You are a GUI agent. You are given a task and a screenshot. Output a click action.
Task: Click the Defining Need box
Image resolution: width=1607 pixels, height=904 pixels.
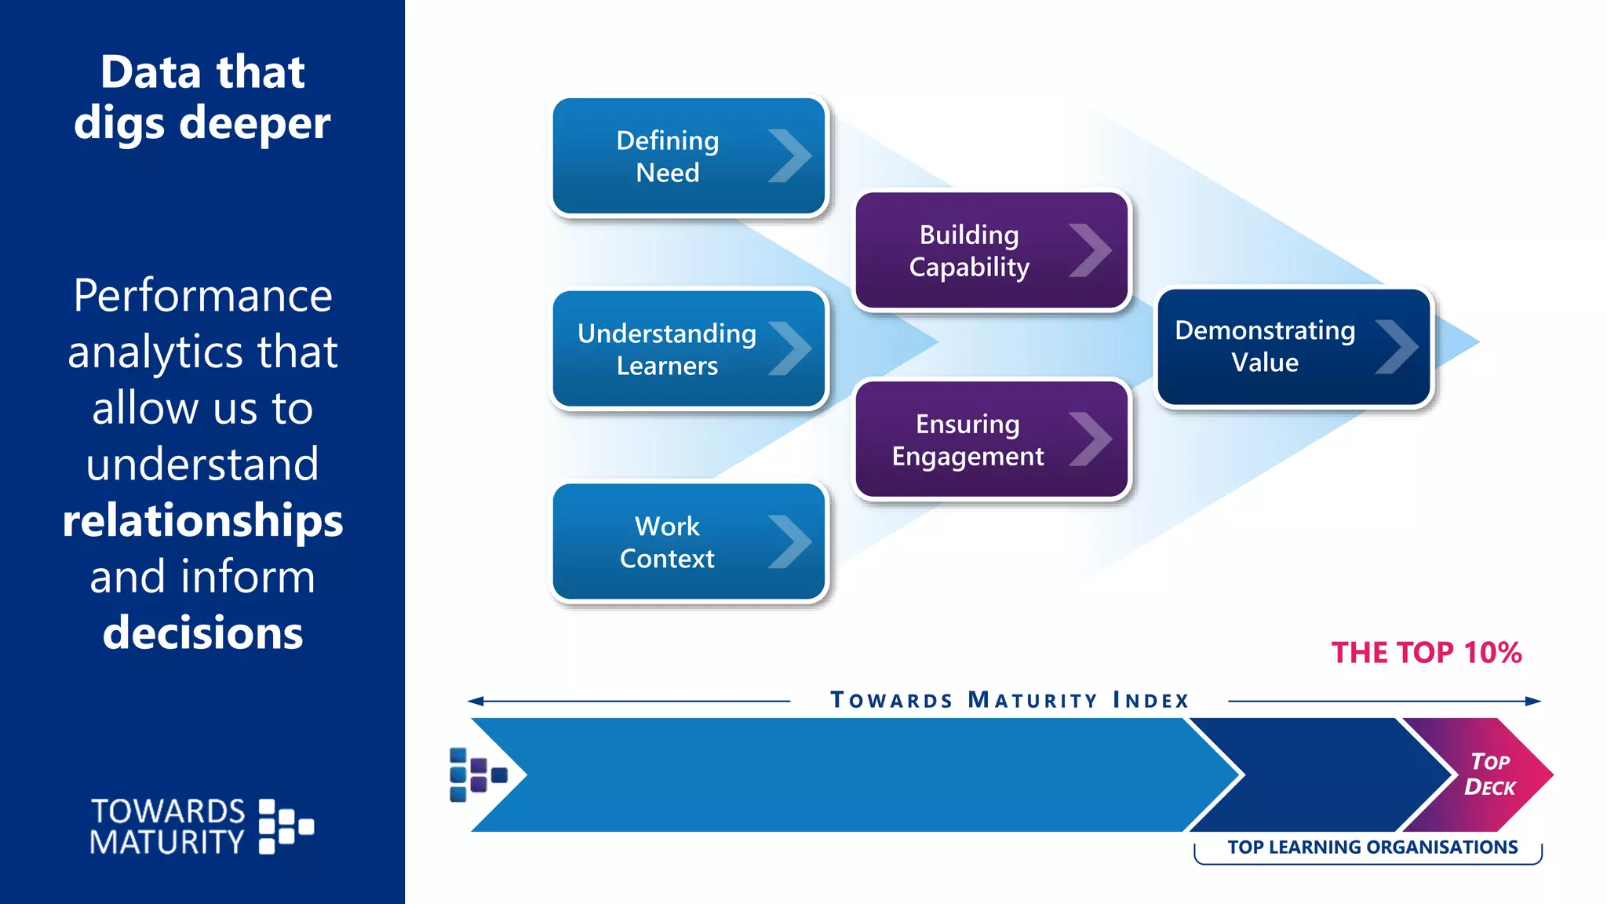pyautogui.click(x=689, y=156)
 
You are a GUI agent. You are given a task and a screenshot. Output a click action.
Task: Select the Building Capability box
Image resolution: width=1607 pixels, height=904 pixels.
pyautogui.click(x=992, y=250)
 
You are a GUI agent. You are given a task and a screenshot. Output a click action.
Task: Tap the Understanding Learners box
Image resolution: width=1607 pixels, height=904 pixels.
pyautogui.click(x=689, y=349)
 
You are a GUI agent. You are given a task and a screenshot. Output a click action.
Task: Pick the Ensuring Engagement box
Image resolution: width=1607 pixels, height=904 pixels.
pyautogui.click(x=992, y=439)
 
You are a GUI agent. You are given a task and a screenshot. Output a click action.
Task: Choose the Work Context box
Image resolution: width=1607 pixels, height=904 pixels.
pyautogui.click(x=689, y=541)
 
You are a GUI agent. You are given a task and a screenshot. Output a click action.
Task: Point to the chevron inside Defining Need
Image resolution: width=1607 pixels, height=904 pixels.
pyautogui.click(x=789, y=156)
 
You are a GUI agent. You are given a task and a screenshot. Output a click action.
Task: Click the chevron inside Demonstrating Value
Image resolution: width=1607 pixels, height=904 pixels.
pyautogui.click(x=1397, y=347)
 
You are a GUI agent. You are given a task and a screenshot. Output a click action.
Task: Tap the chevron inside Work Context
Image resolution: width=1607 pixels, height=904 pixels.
pyautogui.click(x=789, y=541)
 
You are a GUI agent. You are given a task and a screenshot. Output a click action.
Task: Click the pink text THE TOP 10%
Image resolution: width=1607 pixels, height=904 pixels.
pyautogui.click(x=1426, y=653)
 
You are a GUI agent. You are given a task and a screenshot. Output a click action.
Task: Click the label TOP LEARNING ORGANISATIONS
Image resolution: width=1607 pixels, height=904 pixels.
pyautogui.click(x=1372, y=847)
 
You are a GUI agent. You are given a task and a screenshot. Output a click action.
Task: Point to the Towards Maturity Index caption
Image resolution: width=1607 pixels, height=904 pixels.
pyautogui.click(x=1009, y=700)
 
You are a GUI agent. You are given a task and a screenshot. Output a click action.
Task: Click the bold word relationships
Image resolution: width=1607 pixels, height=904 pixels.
pyautogui.click(x=202, y=521)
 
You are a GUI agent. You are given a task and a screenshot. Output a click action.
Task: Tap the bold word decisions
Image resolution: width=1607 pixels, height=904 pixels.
pyautogui.click(x=202, y=632)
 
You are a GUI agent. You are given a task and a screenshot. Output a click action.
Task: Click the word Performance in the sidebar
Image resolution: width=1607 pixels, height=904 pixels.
pyautogui.click(x=202, y=297)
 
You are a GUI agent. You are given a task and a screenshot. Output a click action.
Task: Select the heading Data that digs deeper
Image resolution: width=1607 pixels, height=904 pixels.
pyautogui.click(x=202, y=97)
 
